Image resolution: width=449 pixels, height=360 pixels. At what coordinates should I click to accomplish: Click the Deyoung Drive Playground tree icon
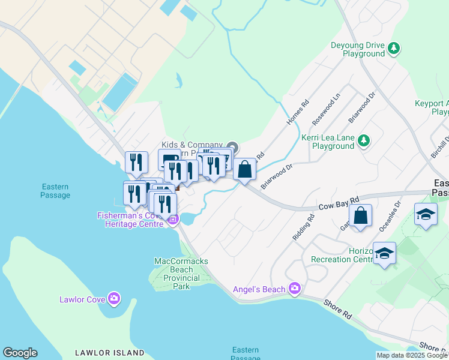point(394,48)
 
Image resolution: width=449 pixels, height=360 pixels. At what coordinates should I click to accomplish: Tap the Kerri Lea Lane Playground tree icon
point(363,141)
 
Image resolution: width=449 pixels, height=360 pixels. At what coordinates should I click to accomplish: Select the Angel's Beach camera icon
point(294,289)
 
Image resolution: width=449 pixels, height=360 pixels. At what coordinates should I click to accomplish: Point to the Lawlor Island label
point(110,353)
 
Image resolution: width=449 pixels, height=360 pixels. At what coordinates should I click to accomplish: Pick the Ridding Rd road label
point(303,229)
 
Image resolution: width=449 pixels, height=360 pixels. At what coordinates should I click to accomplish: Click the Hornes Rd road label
point(297,112)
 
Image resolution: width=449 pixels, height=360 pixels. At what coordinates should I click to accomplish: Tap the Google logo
point(19,353)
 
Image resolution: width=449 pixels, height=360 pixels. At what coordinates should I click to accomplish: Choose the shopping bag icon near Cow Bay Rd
point(360,217)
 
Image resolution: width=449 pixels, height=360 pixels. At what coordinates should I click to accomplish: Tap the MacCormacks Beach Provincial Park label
point(177,274)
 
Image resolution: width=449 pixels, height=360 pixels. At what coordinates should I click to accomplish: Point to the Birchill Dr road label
point(441,148)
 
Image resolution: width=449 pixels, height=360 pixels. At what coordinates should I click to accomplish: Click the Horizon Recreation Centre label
point(342,254)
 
